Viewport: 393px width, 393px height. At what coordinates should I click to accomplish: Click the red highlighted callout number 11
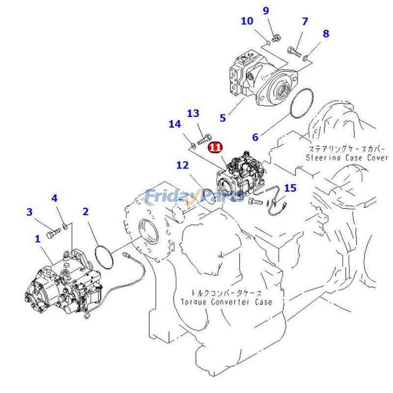pos(215,146)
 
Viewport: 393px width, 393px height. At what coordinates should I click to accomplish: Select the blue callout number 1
pos(37,239)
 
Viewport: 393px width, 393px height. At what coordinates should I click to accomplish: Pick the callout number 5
pos(223,118)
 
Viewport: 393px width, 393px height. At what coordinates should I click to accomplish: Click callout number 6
pos(255,138)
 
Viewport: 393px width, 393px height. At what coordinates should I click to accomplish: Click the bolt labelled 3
pos(52,235)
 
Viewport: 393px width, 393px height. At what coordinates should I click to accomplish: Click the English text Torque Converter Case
pos(226,302)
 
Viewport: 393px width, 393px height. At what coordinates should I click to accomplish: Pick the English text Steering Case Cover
pos(347,158)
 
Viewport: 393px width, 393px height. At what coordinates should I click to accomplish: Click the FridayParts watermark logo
pos(194,196)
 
